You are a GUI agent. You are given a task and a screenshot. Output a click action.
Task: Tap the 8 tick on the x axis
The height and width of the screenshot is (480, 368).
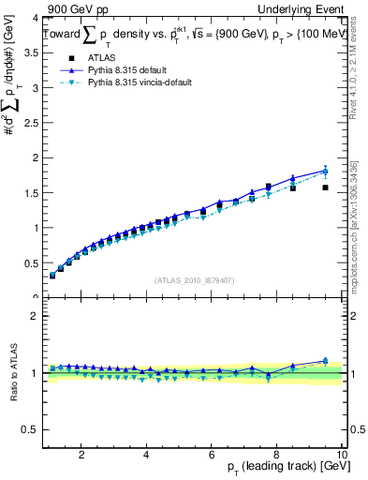[277, 454]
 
